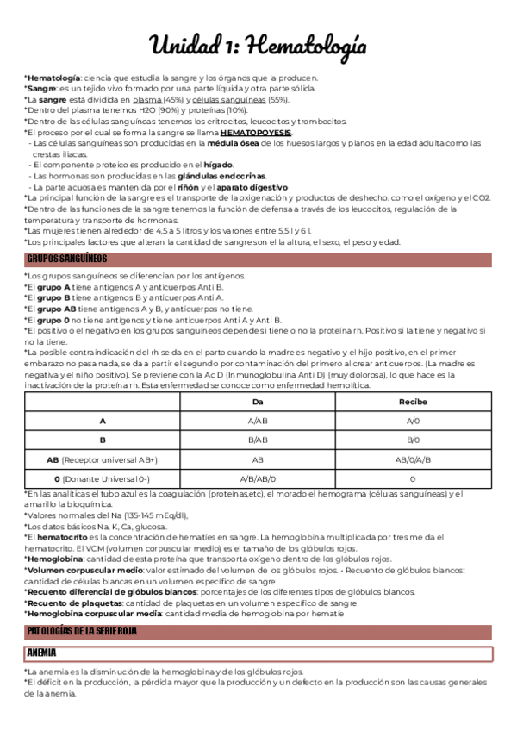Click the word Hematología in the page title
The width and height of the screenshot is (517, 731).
point(305,44)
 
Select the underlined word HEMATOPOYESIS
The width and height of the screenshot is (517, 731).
point(256,133)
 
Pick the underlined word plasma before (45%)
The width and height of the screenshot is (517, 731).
point(147,100)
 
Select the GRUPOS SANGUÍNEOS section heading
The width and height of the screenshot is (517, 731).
point(67,259)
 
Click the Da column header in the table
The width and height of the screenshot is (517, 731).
point(258,403)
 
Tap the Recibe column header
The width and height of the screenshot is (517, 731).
point(412,403)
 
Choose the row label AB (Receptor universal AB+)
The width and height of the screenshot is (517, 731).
point(103,459)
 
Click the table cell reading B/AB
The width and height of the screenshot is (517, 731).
point(258,440)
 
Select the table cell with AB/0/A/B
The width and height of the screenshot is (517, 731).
point(412,459)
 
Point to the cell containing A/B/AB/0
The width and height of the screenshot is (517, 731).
point(258,478)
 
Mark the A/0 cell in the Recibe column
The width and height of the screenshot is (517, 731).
point(412,422)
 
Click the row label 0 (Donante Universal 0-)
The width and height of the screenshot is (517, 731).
point(103,478)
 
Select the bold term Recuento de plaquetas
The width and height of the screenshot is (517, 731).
point(74,603)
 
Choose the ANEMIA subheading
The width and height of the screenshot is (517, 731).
point(43,653)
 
